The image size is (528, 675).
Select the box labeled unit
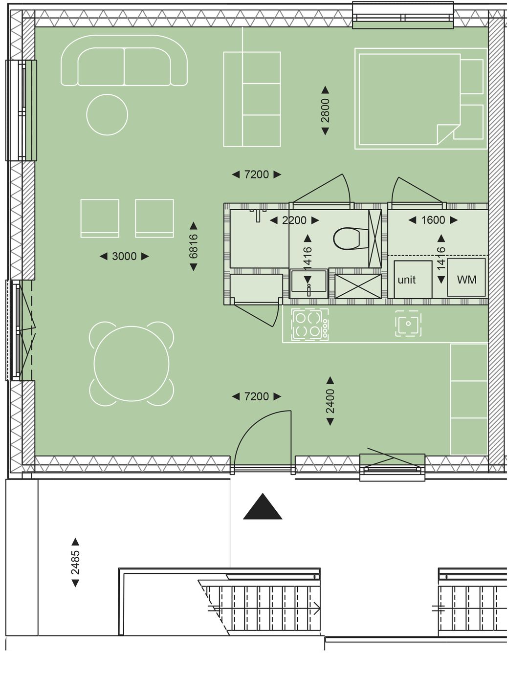click(413, 279)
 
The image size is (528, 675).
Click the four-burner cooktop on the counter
click(310, 324)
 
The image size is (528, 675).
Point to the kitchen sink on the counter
click(408, 324)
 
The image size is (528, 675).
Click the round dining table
click(131, 363)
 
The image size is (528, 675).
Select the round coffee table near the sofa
click(107, 114)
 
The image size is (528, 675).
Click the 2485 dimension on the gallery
click(75, 562)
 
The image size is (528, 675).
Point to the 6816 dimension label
click(194, 246)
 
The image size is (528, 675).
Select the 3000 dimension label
click(124, 256)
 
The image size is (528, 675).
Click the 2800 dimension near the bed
click(325, 110)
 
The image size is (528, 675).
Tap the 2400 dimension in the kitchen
click(330, 401)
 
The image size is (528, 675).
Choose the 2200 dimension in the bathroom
click(294, 220)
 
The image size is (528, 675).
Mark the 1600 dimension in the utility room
click(433, 220)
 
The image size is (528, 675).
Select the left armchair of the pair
click(100, 218)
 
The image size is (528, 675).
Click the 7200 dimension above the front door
click(257, 396)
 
